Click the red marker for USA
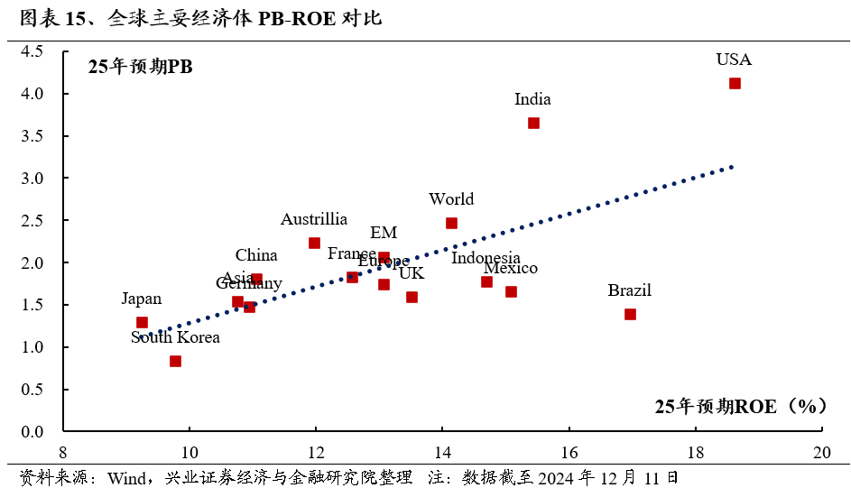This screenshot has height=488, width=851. pos(735,83)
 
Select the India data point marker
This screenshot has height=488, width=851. pos(533,123)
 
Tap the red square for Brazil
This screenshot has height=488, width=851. pos(630,314)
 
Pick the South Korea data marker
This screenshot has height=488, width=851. pos(175,361)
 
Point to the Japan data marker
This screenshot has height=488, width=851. pos(142,322)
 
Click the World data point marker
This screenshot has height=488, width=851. pos(451,223)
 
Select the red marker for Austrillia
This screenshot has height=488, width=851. pos(314,243)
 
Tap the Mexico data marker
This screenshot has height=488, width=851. pos(511,291)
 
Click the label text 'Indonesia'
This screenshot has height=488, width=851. pos(486,258)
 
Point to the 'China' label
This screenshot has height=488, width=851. pos(256,255)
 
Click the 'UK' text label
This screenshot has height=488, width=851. pos(412,272)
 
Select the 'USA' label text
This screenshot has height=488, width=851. pos(734,60)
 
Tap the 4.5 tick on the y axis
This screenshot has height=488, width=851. pos(32,51)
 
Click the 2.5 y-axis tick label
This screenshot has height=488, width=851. pos(32,220)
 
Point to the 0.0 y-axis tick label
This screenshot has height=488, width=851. pos(32,431)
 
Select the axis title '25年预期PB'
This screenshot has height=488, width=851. pos(141,66)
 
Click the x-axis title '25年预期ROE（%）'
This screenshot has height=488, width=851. pos(741,406)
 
